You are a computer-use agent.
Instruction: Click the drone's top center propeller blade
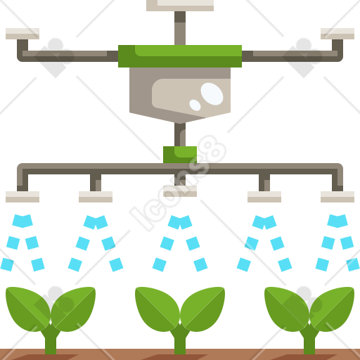(180, 5)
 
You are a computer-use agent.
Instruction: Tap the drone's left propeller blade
(22, 34)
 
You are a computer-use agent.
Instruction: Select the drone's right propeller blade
(337, 34)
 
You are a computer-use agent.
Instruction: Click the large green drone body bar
(180, 56)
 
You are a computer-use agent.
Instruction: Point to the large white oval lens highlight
(212, 94)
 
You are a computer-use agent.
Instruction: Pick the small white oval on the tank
(195, 105)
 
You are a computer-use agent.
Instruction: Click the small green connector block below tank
(180, 155)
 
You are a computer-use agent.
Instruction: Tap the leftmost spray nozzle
(22, 197)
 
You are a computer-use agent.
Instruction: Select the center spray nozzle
(180, 191)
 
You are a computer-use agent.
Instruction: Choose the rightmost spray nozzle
(337, 197)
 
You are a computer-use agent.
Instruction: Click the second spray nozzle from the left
(96, 197)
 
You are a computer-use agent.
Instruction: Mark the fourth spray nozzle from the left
(264, 197)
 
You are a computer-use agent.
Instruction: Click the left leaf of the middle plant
(157, 309)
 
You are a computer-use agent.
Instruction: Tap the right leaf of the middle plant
(202, 309)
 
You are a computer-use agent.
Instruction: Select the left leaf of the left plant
(28, 309)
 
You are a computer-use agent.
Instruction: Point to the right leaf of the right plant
(332, 309)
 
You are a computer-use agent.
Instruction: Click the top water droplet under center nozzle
(180, 222)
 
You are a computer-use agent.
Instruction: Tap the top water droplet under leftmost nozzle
(22, 221)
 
